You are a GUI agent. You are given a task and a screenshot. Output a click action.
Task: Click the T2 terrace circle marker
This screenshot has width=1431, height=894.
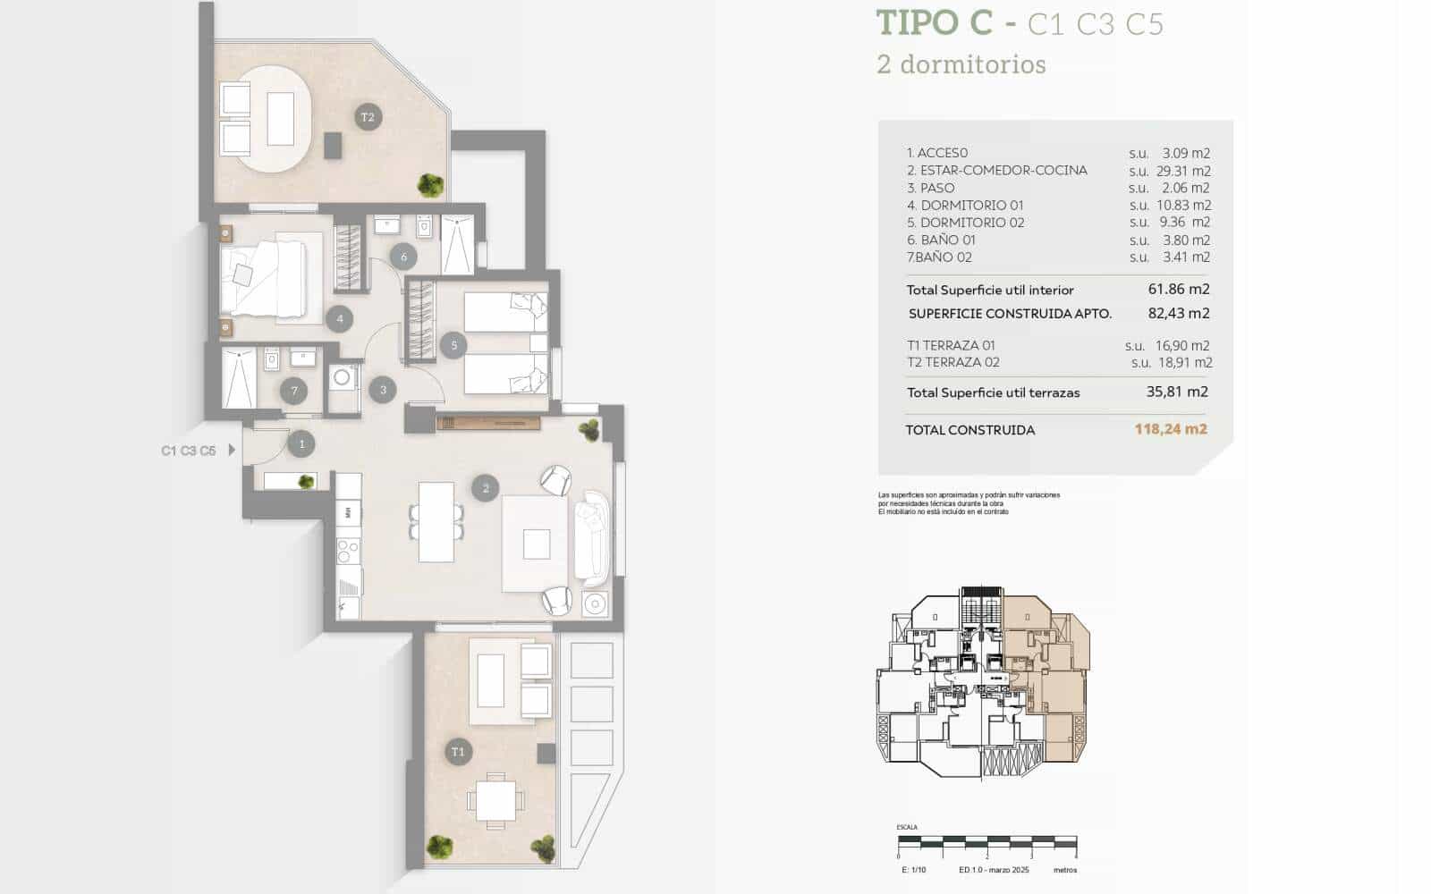click(368, 117)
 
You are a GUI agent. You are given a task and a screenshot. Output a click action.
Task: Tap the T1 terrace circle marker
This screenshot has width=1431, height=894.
click(458, 752)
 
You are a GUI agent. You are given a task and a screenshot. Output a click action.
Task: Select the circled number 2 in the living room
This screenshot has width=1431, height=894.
click(486, 488)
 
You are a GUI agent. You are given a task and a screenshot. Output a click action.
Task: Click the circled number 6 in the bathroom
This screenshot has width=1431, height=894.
click(403, 257)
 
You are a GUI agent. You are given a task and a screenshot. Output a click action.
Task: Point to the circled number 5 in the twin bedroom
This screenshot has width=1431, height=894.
click(453, 345)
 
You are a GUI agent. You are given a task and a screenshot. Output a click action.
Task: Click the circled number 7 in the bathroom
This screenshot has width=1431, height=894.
click(294, 391)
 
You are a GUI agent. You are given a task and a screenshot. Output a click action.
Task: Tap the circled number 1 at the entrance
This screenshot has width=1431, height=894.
click(301, 443)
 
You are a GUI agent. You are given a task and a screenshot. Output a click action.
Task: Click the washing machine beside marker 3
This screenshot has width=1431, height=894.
click(342, 378)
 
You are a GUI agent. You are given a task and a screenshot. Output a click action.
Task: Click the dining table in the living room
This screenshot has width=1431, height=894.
click(436, 521)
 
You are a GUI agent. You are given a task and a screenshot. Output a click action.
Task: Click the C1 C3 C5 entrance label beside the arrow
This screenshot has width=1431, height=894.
click(189, 451)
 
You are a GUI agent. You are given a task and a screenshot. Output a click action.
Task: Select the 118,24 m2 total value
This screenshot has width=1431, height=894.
click(1171, 429)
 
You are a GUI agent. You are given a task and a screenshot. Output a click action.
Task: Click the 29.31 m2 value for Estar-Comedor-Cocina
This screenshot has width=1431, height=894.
click(1185, 171)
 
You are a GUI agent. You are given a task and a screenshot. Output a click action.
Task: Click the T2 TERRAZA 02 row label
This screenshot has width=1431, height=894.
click(953, 362)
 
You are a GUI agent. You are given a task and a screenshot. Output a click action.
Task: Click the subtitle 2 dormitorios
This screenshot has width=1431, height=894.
click(961, 64)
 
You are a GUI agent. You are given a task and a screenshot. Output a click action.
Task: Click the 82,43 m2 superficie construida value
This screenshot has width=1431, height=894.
click(1178, 313)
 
